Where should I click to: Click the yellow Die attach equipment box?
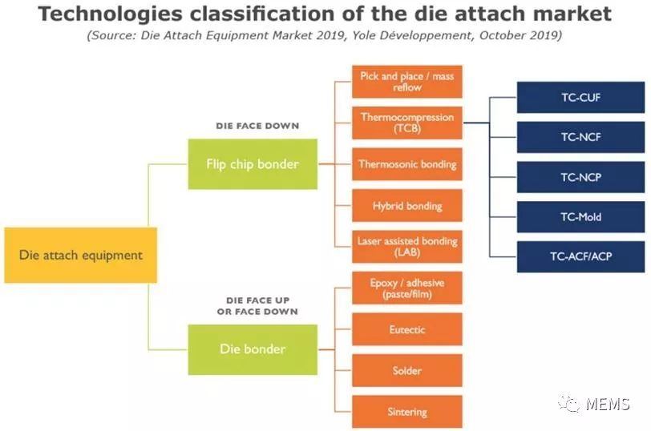click(80, 255)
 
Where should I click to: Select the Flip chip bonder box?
click(253, 164)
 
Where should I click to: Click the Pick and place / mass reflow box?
click(407, 82)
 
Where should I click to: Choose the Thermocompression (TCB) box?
click(407, 123)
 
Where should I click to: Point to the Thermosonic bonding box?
click(407, 164)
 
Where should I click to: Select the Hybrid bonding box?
click(407, 206)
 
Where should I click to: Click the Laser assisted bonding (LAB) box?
click(407, 247)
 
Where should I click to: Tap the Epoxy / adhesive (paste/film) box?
click(407, 288)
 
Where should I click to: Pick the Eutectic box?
click(407, 329)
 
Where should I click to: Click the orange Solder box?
click(407, 370)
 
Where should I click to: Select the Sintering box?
click(407, 412)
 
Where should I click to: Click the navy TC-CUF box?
click(580, 98)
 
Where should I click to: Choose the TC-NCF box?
click(580, 137)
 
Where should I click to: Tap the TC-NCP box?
click(580, 177)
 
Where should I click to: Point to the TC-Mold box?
click(580, 217)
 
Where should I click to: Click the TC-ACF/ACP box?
click(580, 257)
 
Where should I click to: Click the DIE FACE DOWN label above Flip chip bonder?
click(257, 126)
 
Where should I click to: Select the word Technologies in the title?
click(110, 14)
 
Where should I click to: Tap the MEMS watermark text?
click(608, 404)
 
